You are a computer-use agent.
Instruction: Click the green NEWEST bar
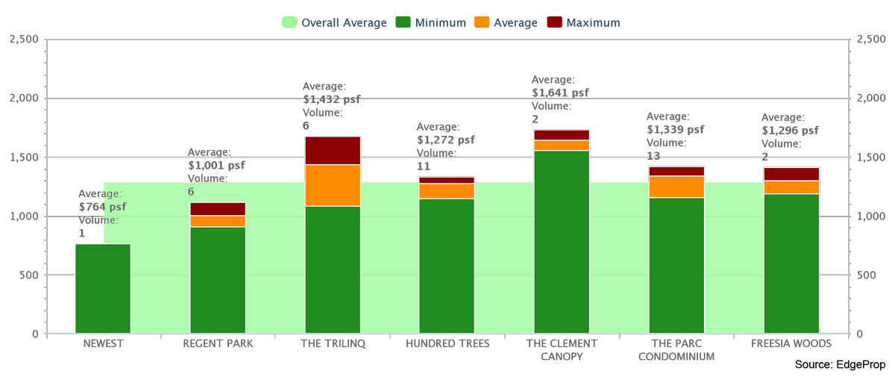(103, 288)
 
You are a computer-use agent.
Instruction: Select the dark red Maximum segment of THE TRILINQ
(333, 150)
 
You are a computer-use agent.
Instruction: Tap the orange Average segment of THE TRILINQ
(333, 185)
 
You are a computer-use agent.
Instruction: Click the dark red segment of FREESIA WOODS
(791, 174)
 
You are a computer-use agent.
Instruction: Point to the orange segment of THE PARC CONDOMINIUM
(676, 187)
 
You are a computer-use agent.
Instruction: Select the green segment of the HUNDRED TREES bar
(447, 265)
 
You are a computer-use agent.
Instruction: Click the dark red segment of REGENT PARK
(218, 209)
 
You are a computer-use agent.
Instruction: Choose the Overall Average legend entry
(335, 23)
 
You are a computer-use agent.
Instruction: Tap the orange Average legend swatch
(482, 23)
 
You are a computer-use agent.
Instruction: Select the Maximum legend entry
(584, 23)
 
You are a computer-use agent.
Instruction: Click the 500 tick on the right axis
(869, 275)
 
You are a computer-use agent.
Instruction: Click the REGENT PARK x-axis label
(218, 343)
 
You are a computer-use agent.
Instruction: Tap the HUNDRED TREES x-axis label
(447, 343)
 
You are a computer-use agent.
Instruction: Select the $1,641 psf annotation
(560, 93)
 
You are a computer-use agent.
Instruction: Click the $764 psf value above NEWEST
(102, 207)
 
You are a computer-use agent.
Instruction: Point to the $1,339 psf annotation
(675, 130)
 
